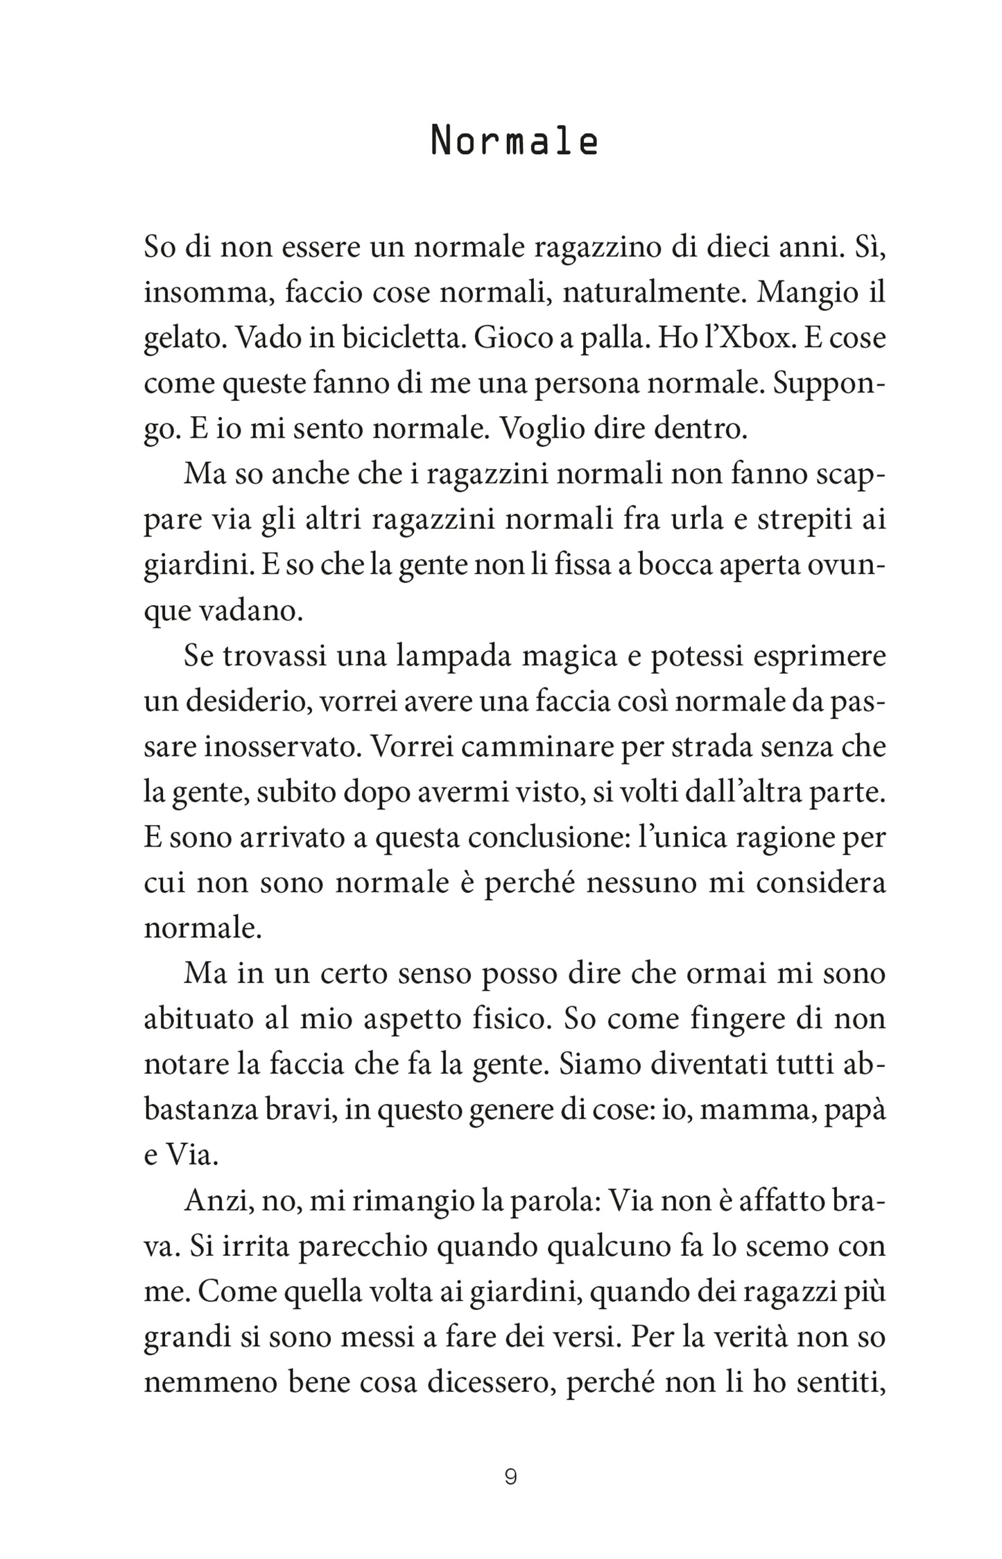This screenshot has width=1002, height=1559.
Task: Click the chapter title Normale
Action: point(514,142)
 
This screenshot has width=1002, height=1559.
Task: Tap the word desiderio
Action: point(239,702)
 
